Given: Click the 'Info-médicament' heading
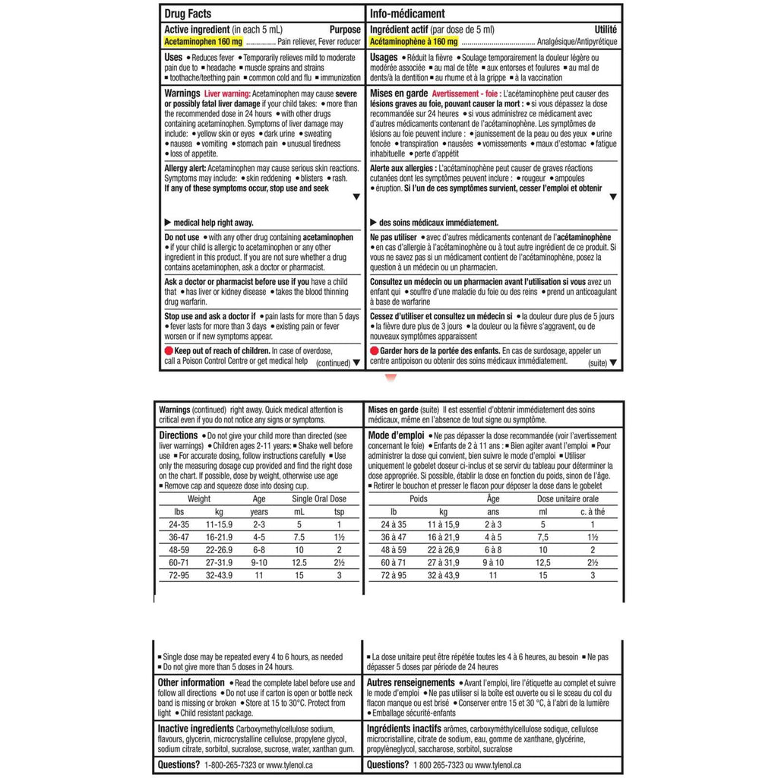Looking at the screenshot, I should point(407,14).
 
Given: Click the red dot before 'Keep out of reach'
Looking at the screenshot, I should point(169,351).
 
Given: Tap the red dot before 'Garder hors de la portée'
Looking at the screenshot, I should point(374,351).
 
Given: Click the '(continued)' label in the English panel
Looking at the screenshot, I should point(333,363).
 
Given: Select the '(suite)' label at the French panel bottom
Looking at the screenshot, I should point(596,363).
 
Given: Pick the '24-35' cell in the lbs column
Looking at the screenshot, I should point(179,524).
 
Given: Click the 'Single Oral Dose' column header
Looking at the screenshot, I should point(318,499).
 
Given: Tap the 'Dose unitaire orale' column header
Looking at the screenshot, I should point(568,499).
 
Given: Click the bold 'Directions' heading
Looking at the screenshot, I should point(179,435).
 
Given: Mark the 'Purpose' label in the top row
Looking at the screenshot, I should point(345,29).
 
